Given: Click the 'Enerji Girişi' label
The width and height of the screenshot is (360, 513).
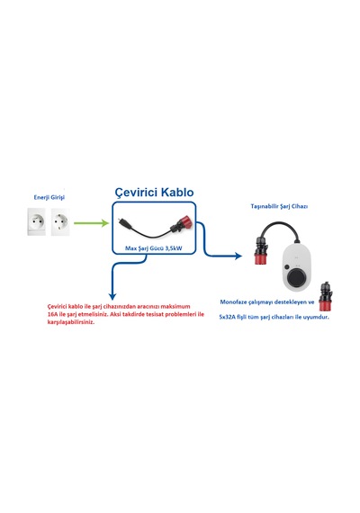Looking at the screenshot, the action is click(x=49, y=197).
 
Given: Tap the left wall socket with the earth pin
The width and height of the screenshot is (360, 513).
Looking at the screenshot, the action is click(x=36, y=221).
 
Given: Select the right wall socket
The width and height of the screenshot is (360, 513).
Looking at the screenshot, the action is click(x=60, y=221).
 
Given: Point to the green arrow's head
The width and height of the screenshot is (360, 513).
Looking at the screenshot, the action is click(x=105, y=223).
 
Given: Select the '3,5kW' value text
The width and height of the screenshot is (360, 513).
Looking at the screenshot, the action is click(x=174, y=248).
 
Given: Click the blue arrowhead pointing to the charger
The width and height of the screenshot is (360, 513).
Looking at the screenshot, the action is click(x=238, y=256).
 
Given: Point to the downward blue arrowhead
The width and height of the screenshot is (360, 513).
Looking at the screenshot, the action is click(x=112, y=296).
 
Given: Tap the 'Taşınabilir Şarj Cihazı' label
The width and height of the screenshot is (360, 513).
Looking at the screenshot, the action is click(x=279, y=206).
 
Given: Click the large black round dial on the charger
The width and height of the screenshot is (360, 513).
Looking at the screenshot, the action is click(x=297, y=278).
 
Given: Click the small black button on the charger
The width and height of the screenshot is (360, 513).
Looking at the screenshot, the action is click(x=287, y=267).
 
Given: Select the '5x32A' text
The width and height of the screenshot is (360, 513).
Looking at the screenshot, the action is click(x=228, y=317).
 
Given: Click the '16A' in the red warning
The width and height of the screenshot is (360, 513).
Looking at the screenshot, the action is click(x=52, y=314).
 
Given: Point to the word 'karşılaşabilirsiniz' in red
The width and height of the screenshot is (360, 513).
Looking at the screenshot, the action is click(x=71, y=322).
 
